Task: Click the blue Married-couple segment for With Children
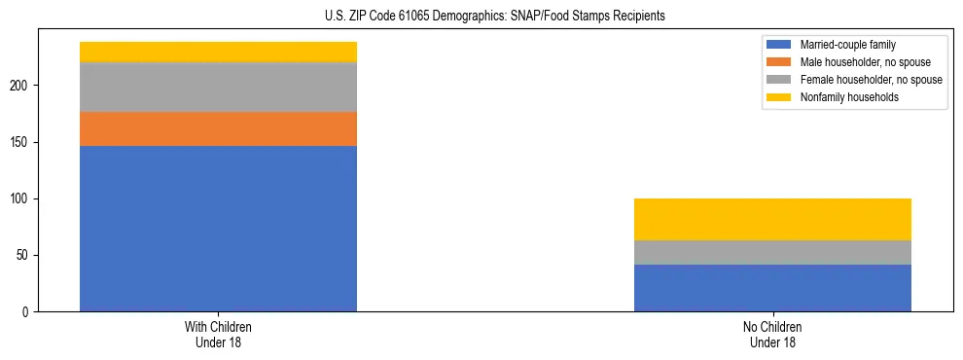click(218, 229)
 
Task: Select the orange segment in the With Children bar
click(218, 129)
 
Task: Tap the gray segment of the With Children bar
click(218, 88)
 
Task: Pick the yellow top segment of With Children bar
click(218, 52)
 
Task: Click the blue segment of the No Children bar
click(772, 288)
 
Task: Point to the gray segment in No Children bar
click(772, 252)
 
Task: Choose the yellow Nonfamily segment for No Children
click(772, 219)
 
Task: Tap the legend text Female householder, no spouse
click(871, 80)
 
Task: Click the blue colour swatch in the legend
click(779, 45)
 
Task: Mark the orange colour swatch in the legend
click(779, 62)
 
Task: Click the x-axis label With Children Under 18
click(218, 335)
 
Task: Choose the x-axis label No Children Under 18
click(772, 335)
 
